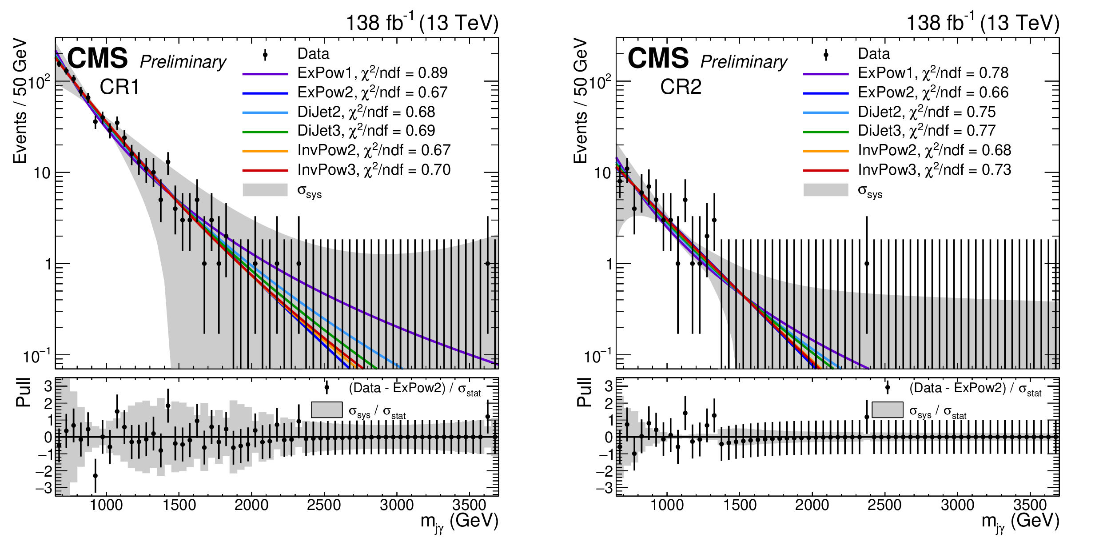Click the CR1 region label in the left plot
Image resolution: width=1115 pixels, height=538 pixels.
click(119, 87)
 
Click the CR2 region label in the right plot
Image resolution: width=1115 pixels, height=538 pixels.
click(681, 87)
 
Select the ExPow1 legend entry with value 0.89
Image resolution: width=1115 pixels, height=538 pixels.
click(372, 73)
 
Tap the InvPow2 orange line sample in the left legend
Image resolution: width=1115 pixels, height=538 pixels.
click(265, 151)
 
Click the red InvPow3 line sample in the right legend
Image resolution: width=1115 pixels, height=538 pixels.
click(826, 170)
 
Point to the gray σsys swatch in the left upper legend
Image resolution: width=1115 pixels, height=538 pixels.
click(265, 190)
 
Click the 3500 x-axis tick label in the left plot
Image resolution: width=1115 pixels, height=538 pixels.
click(469, 506)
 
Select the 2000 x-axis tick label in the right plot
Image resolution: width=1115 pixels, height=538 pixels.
click(812, 506)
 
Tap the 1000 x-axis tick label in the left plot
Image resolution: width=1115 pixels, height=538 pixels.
click(107, 506)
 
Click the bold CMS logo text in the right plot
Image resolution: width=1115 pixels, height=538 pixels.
click(658, 58)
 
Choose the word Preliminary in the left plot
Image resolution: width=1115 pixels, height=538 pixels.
click(183, 62)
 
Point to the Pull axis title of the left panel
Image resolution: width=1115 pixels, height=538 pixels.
click(23, 393)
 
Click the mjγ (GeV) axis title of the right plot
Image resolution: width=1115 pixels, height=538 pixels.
click(1020, 522)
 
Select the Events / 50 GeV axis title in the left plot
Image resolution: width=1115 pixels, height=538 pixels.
click(20, 101)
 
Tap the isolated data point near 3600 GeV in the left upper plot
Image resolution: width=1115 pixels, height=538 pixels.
click(487, 264)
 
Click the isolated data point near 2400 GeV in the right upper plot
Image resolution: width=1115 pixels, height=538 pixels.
click(867, 264)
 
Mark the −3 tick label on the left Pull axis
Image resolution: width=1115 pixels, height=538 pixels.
click(44, 489)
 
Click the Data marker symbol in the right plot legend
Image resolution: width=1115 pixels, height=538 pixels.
click(826, 55)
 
